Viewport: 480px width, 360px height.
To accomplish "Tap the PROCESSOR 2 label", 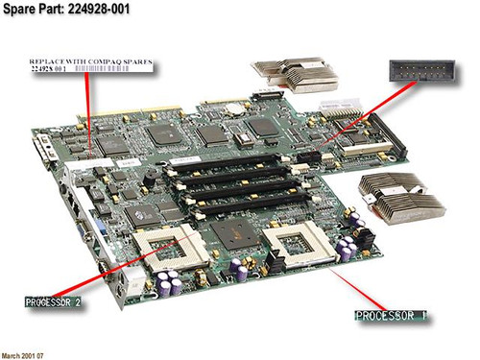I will (60, 300).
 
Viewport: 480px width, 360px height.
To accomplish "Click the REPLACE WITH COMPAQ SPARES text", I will (89, 60).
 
